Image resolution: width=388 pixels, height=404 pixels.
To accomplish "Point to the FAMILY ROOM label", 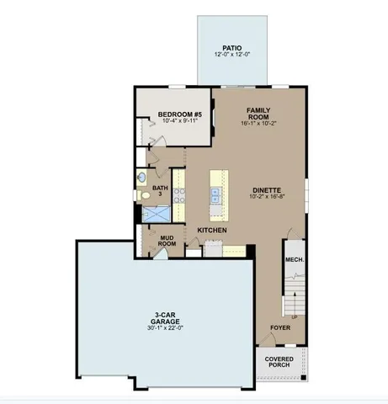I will pos(258,114).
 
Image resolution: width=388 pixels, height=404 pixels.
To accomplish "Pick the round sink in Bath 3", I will pos(142,178).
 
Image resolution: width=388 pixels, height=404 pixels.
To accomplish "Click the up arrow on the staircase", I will pos(295,315).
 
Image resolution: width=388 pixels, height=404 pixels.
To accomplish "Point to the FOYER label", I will pos(279,327).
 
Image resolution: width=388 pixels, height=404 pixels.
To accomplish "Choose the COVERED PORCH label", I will pos(279,363).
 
